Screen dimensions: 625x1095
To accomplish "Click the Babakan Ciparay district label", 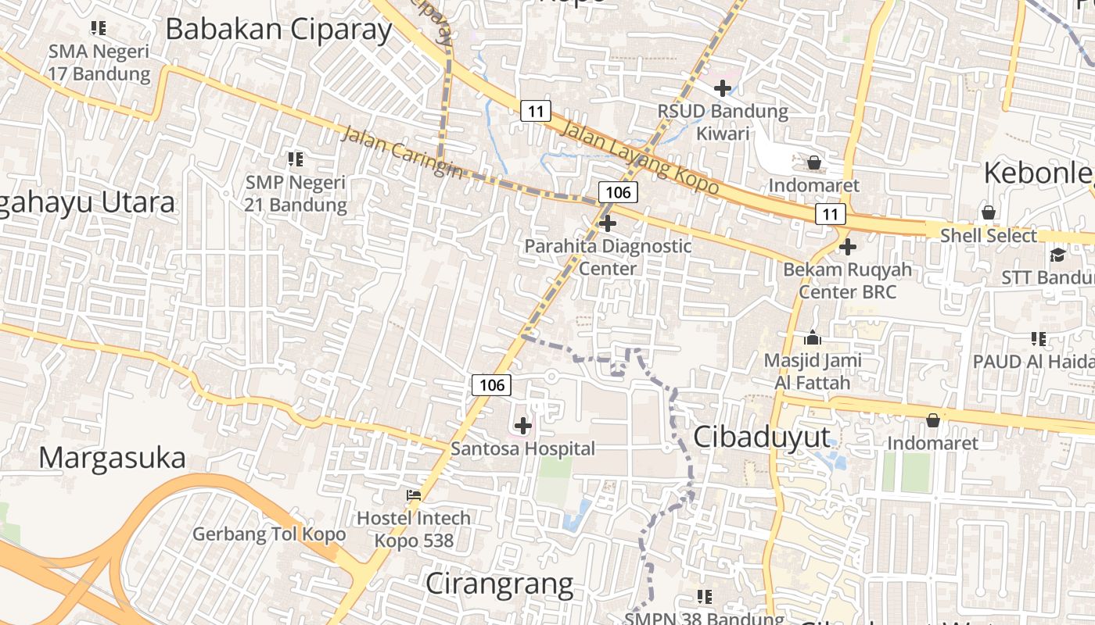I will click(278, 30).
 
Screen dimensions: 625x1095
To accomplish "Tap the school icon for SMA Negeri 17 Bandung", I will click(99, 29).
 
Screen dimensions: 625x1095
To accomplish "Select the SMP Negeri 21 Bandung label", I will click(296, 194).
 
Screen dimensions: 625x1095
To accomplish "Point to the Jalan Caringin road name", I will click(401, 152).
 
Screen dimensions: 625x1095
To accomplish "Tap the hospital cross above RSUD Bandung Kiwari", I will click(723, 88).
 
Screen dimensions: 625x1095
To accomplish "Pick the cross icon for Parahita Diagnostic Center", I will click(607, 224).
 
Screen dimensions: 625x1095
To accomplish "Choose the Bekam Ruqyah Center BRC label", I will click(848, 280).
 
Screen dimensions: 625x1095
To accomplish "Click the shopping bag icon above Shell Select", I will click(989, 212).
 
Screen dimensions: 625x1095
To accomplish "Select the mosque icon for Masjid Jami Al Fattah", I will click(813, 338).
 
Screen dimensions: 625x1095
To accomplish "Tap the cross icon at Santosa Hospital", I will click(523, 426).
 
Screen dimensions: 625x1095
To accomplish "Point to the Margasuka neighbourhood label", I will click(112, 457).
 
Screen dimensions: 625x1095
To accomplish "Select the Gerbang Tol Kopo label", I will click(269, 534).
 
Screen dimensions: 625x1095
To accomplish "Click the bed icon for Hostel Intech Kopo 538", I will click(414, 495).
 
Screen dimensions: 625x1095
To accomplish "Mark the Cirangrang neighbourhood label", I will click(499, 584).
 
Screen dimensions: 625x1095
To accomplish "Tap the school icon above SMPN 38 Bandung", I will click(705, 597).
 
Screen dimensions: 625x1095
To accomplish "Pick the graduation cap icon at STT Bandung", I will click(1057, 255).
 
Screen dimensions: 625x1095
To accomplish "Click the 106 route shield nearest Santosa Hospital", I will click(491, 384).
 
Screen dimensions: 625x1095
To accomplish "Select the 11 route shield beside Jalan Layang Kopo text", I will click(535, 111).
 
